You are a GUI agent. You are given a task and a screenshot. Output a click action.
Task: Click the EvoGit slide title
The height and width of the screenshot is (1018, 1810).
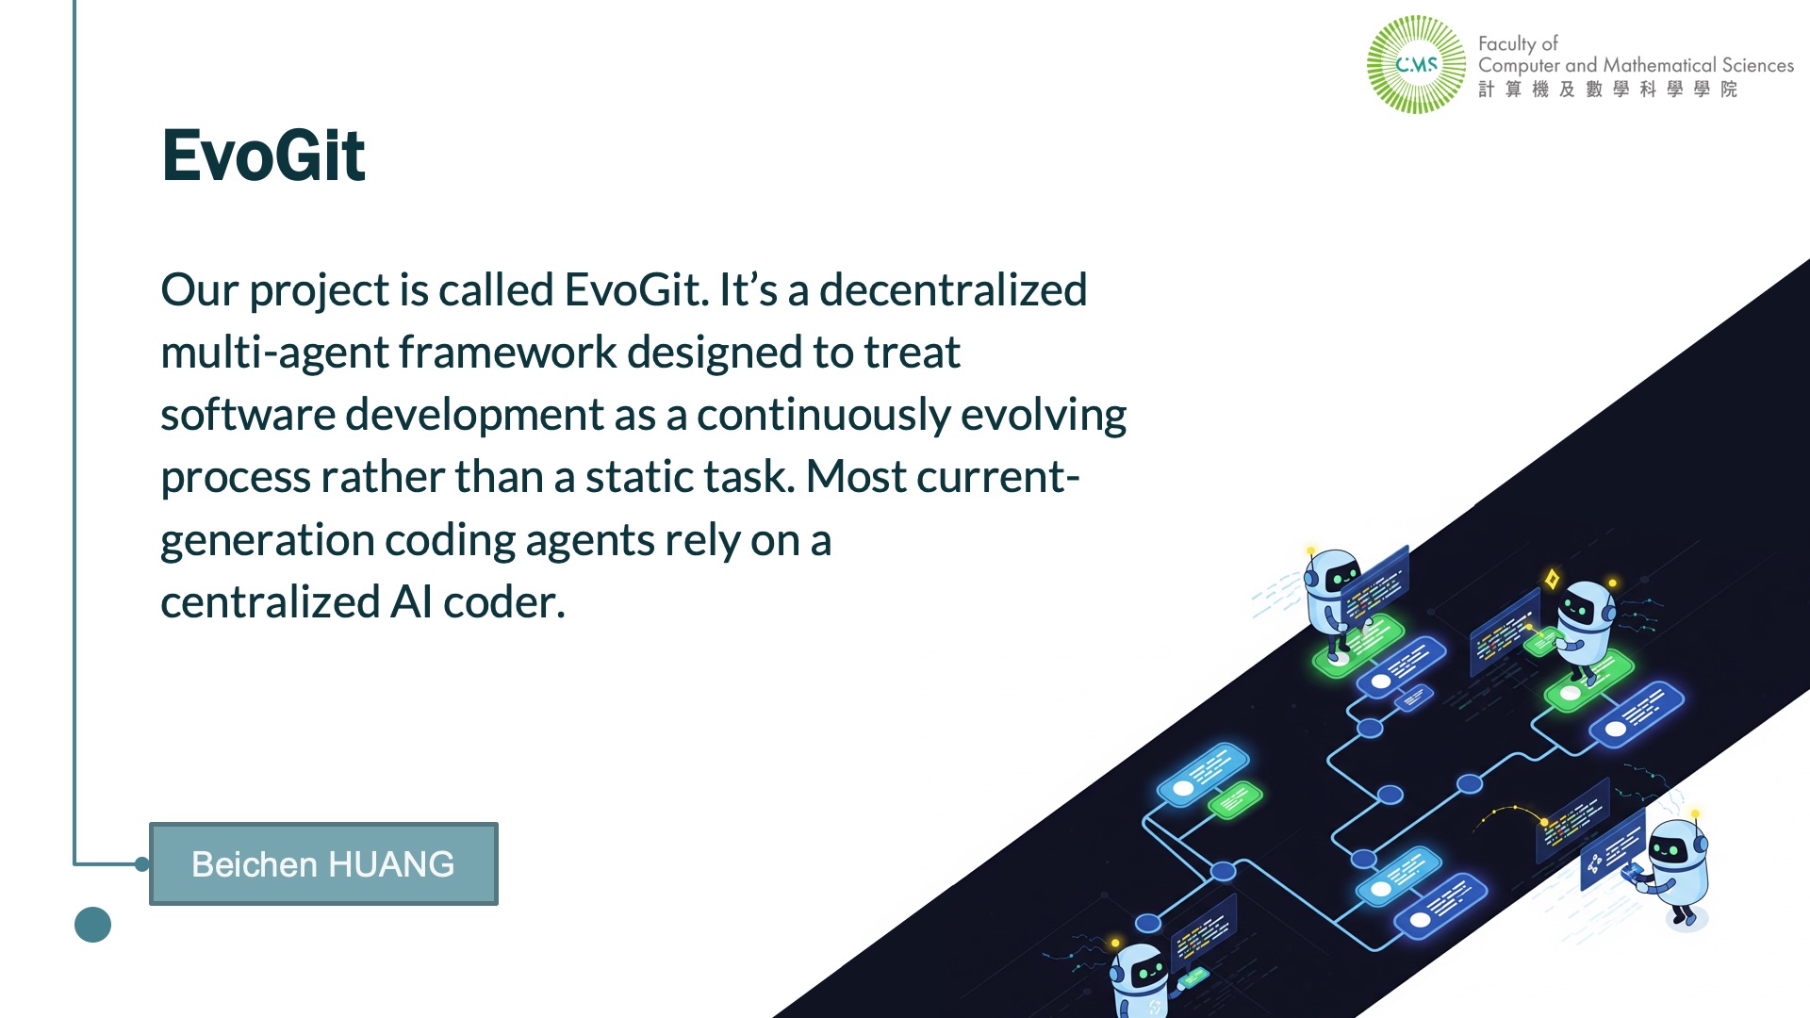(x=263, y=156)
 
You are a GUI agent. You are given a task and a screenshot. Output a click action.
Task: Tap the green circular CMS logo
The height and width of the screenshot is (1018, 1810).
(x=1416, y=64)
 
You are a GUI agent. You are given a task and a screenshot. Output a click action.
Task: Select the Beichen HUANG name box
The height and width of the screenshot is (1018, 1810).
(x=323, y=863)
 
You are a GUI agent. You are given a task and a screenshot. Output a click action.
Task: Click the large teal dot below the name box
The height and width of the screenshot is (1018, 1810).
(x=92, y=925)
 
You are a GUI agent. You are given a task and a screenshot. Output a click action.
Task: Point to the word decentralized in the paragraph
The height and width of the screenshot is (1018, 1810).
(x=953, y=289)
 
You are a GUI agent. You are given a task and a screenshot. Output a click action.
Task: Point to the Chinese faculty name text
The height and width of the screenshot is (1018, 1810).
(x=1607, y=89)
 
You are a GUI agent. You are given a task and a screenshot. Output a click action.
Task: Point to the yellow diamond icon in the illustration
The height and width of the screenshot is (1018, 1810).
(x=1552, y=578)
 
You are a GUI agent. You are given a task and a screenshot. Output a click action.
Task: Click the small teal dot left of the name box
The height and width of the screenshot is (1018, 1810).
(x=142, y=864)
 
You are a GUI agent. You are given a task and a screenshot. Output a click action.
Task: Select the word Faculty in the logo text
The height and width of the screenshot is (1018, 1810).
(x=1507, y=43)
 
